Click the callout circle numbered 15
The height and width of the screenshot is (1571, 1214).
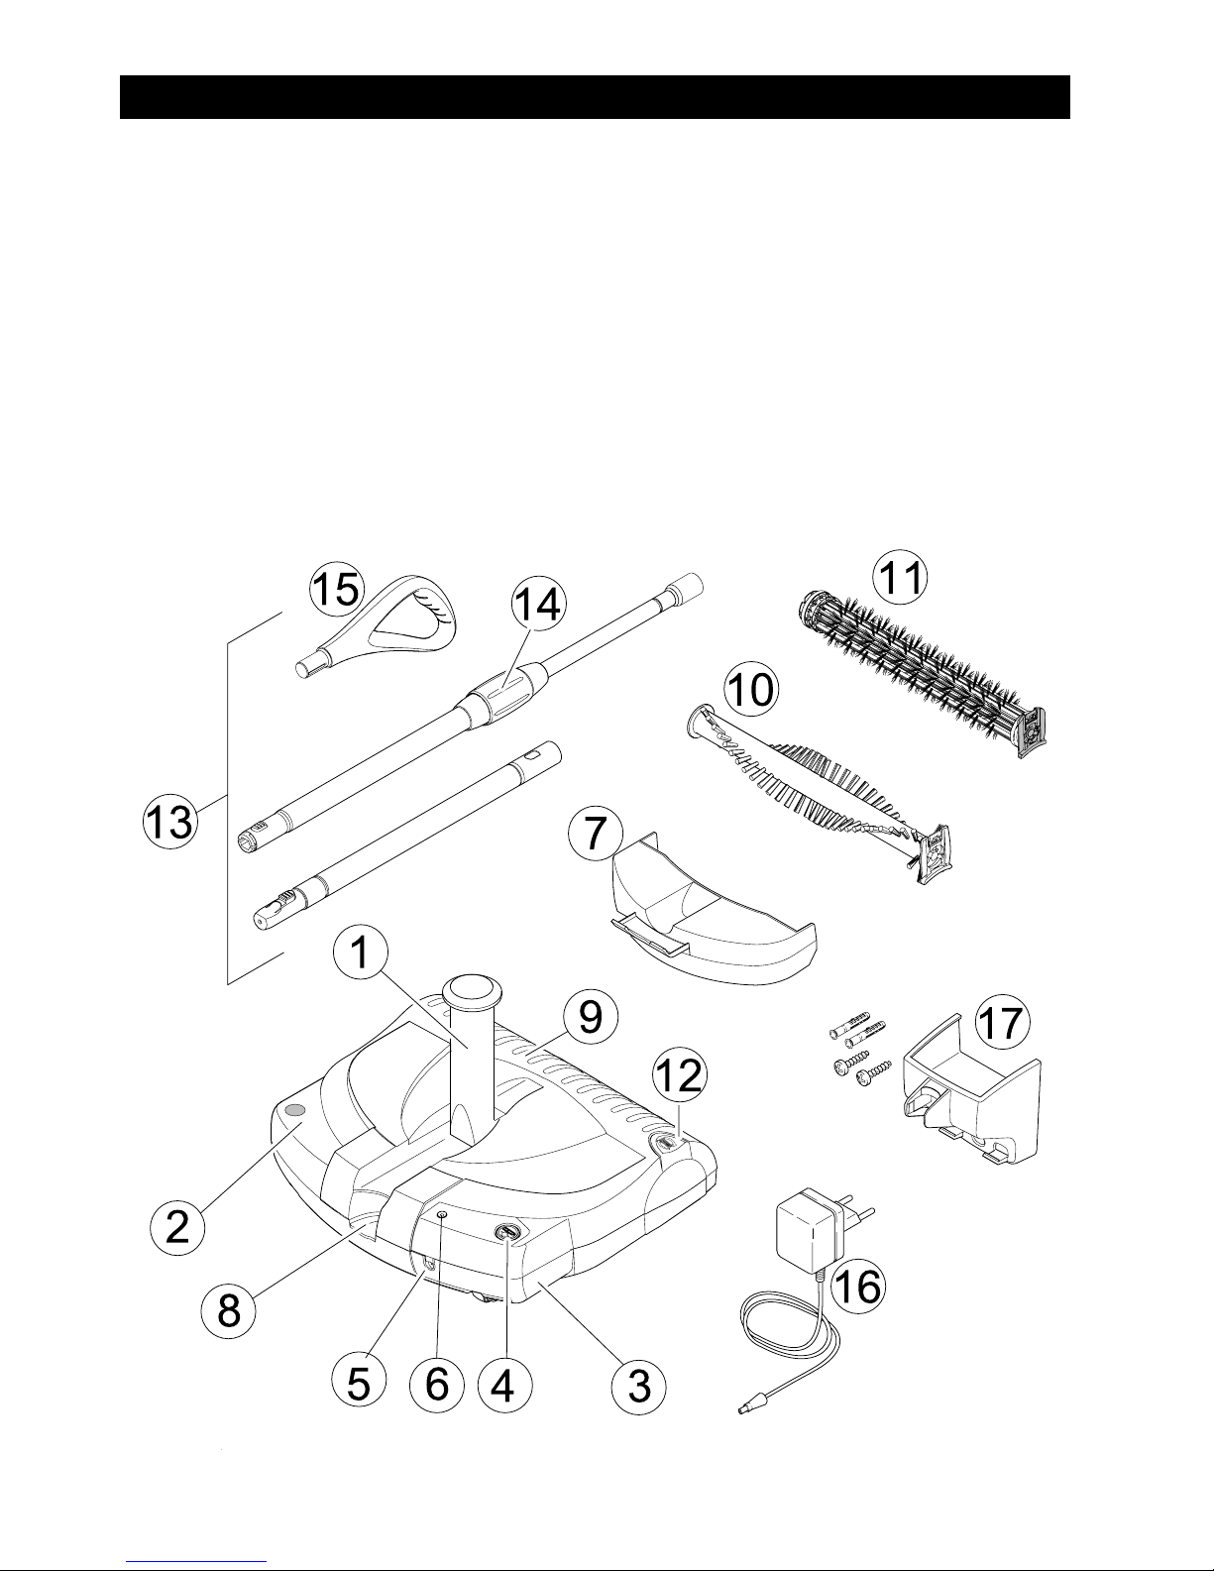[x=337, y=589]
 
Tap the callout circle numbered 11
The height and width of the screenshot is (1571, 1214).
[x=900, y=579]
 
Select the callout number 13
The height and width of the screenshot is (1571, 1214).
[x=169, y=822]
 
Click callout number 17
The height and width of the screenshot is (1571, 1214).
[x=1002, y=1022]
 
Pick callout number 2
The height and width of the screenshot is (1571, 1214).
[x=177, y=1227]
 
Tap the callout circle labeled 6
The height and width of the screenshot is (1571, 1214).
[x=436, y=1385]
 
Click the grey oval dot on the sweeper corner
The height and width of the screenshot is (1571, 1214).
[x=295, y=1110]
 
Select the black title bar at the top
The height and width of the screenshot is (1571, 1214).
[x=595, y=97]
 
